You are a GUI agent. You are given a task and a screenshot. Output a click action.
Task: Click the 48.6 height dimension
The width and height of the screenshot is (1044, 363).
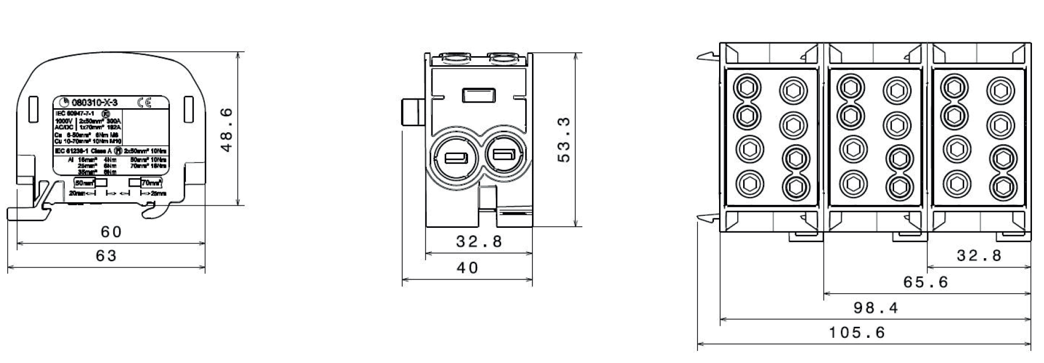pos(227,130)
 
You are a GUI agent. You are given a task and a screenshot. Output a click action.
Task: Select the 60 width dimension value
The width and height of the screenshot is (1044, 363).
pos(112,232)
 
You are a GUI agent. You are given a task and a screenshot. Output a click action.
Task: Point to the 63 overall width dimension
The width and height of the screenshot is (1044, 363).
pos(106,256)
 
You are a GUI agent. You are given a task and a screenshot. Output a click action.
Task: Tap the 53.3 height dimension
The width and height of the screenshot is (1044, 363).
pos(564,140)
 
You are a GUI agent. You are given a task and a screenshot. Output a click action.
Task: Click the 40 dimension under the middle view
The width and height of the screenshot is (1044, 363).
pos(468,268)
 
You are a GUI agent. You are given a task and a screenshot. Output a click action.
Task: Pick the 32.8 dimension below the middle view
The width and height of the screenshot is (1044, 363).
pos(479,242)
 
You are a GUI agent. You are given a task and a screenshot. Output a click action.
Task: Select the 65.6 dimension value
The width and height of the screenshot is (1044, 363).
pos(926,282)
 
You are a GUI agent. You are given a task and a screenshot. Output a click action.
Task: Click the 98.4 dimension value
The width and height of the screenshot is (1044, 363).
pos(876,308)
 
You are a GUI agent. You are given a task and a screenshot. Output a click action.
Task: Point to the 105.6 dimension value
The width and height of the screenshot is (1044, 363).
pos(856,333)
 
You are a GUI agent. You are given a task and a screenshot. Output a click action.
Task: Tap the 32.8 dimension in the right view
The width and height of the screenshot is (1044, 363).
pos(979,256)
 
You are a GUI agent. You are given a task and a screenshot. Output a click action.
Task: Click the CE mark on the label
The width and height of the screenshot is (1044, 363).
pos(144,102)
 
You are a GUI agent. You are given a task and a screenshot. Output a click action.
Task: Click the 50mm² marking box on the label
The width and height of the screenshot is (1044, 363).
pos(85,183)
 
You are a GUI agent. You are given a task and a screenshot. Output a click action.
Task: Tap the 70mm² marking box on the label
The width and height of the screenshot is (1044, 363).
pos(151,183)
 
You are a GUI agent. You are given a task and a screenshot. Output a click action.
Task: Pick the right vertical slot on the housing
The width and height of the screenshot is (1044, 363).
pos(189,109)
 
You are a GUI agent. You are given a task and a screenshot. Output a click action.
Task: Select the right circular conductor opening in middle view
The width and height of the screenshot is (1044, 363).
pos(503,155)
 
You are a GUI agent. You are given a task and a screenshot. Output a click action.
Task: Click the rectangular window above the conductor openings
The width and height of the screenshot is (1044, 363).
pos(478,95)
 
